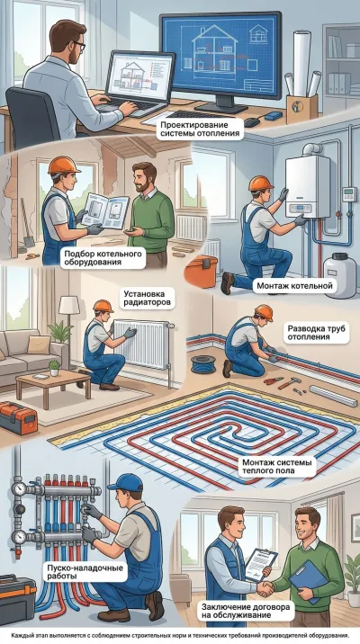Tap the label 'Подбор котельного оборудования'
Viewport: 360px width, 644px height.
[103, 258]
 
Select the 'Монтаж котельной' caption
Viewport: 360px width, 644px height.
[294, 285]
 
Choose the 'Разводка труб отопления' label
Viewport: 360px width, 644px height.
[315, 333]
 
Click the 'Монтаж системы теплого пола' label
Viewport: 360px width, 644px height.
[274, 467]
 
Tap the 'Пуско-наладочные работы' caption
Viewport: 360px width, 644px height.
[85, 572]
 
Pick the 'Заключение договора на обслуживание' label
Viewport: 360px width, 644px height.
[246, 611]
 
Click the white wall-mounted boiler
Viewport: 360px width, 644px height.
[307, 187]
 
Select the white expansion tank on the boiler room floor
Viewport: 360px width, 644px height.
[339, 274]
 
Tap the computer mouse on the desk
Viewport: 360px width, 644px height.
[252, 122]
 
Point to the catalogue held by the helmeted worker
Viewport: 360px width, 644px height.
[105, 211]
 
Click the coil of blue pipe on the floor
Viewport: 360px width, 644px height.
[203, 364]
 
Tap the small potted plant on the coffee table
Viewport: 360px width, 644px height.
[54, 368]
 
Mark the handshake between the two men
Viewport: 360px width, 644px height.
[265, 587]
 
